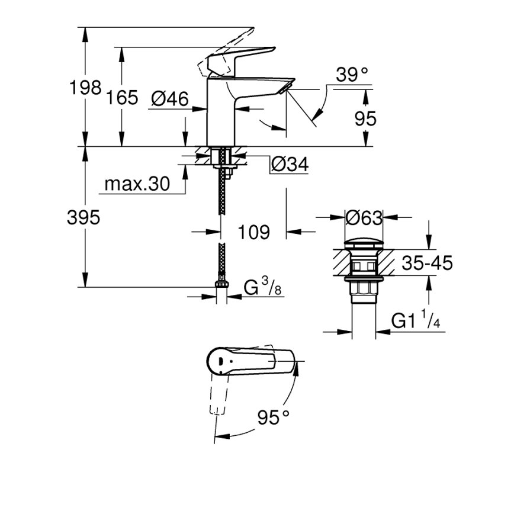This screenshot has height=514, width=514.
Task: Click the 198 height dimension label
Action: [x=85, y=88]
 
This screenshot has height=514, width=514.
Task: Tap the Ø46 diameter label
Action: [x=169, y=98]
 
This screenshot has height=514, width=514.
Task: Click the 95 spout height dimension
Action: [x=365, y=118]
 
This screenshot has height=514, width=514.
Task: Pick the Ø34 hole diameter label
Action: [x=290, y=166]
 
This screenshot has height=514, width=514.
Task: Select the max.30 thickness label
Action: [x=137, y=184]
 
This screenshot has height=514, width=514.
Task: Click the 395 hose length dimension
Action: [x=83, y=217]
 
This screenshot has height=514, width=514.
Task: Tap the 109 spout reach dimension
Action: [x=253, y=232]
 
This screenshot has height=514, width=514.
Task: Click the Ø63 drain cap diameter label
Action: [x=364, y=218]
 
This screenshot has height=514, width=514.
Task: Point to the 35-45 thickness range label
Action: [x=427, y=262]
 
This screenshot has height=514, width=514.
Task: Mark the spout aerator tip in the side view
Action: [x=285, y=88]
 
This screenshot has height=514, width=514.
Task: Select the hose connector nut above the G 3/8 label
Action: [x=221, y=283]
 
